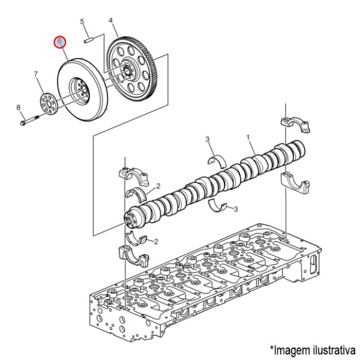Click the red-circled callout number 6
coord(59,42)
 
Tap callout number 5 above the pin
coord(82,22)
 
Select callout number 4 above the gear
coord(110,20)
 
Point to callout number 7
coord(36,74)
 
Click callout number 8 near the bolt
coord(19,107)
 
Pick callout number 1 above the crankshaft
coord(248,137)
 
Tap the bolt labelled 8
coord(29,121)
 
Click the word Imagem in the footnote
coord(290,350)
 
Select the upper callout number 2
coord(158,186)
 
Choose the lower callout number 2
coord(156,242)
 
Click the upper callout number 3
coord(208,139)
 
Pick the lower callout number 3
coord(236,209)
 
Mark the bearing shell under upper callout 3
coord(217,161)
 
